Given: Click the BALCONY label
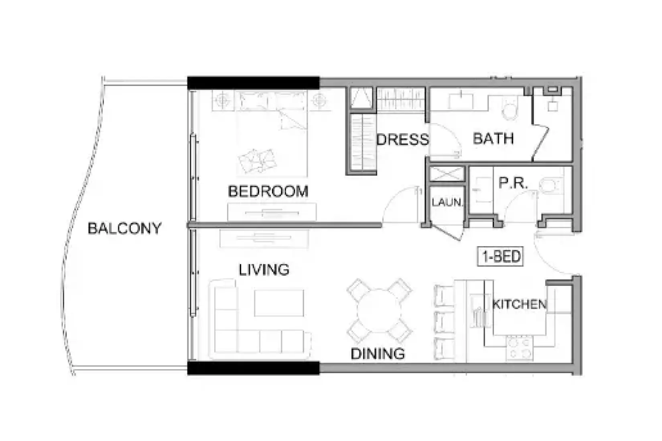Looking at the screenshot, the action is (124, 229).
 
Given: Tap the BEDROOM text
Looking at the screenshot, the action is (268, 191).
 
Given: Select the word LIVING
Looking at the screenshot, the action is (264, 270).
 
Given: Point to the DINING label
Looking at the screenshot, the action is (378, 354).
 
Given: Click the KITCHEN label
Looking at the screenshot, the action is (519, 304).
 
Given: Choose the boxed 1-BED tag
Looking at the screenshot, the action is (501, 257).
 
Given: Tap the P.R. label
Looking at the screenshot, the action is (513, 183).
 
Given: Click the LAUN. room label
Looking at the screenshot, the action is (446, 202).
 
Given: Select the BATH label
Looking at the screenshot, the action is (493, 139).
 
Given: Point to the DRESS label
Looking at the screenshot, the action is (402, 140).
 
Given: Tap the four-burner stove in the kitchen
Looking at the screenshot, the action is (520, 348).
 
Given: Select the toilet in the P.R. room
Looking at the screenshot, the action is (550, 186).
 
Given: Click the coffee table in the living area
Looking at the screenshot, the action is (279, 303).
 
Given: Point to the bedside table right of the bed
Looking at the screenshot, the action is (319, 101).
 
